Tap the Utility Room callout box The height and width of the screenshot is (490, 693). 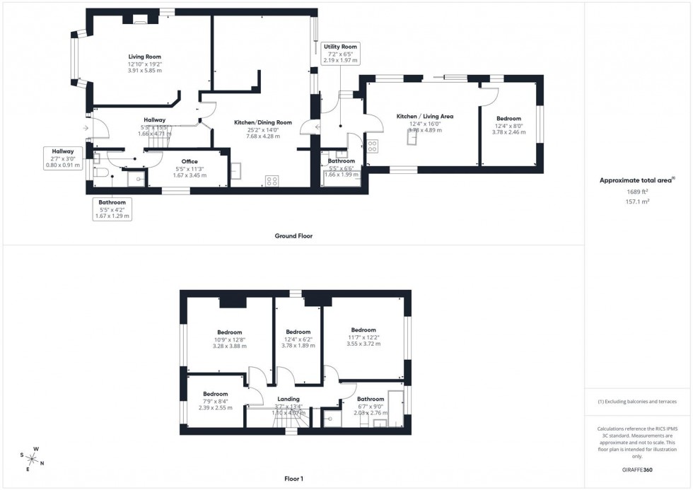[341, 53]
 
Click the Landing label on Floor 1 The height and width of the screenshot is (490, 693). [288, 399]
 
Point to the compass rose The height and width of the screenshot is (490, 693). [33, 459]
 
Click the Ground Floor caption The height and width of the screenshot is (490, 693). [293, 236]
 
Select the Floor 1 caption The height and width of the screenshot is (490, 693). [293, 479]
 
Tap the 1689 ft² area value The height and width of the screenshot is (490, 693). [624, 191]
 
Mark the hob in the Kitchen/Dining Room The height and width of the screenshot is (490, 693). [271, 180]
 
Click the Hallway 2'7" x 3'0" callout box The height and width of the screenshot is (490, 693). [63, 158]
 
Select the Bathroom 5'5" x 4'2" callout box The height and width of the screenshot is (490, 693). [112, 209]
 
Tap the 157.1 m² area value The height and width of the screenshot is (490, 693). [624, 201]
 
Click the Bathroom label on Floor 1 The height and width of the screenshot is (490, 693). [371, 399]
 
